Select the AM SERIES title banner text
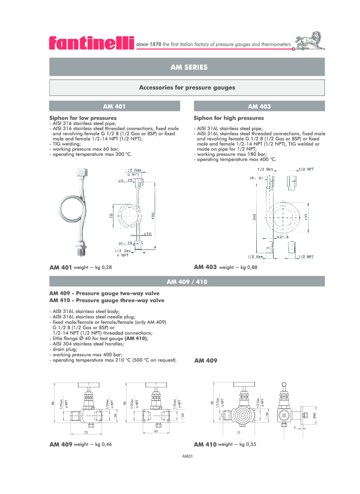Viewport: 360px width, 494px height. (188, 67)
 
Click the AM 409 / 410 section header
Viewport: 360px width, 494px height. (187, 281)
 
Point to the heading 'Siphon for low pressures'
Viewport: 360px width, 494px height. (83, 117)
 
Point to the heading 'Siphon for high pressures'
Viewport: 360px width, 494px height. (229, 117)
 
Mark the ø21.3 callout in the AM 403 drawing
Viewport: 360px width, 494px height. (282, 236)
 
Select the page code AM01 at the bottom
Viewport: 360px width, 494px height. (188, 456)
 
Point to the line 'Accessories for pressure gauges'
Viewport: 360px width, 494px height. (187, 87)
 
